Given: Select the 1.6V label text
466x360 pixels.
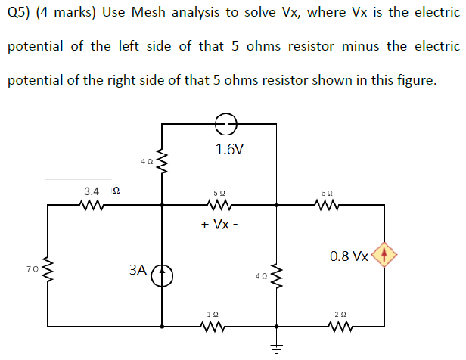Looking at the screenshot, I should (x=229, y=149).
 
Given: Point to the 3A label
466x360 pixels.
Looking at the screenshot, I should (x=137, y=269).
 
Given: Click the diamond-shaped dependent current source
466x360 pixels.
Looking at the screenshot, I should (x=384, y=255).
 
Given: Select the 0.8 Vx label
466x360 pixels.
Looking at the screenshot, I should (x=349, y=256).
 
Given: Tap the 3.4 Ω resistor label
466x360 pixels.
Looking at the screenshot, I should (x=98, y=191).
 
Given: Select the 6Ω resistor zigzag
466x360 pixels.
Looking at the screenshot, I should (x=329, y=204).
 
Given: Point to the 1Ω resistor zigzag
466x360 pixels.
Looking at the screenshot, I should (x=214, y=327).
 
